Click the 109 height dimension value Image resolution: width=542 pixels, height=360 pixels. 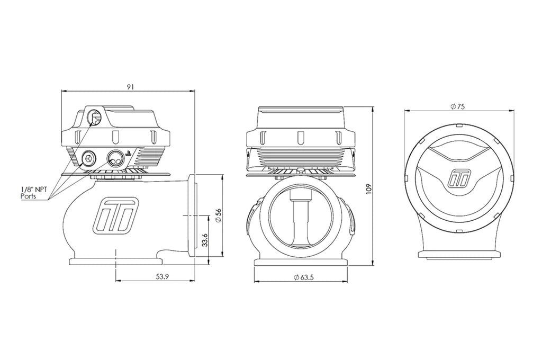369,188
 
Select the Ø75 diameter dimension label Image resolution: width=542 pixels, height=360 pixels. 458,106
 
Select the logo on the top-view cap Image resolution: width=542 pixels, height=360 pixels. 458,178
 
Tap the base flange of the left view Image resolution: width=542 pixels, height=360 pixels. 115,260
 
